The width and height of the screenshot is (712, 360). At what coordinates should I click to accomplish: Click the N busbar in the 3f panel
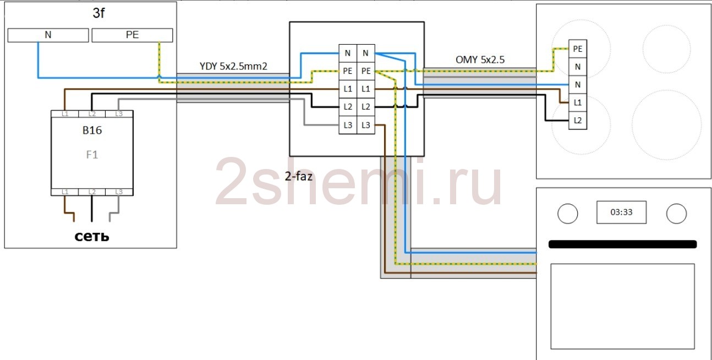48,35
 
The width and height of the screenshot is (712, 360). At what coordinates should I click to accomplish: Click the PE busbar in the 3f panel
132,35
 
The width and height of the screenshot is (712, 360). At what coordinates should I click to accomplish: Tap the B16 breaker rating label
92,131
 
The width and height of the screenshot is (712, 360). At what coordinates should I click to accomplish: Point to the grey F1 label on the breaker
92,155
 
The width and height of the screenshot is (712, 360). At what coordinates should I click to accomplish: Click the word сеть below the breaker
92,237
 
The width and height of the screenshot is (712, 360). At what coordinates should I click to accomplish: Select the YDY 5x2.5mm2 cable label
233,66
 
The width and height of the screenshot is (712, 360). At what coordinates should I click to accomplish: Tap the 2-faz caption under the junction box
299,177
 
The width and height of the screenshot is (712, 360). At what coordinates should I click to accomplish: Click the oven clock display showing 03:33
621,212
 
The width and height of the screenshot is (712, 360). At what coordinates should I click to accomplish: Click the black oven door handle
622,244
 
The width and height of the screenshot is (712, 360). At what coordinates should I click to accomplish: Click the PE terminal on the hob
577,49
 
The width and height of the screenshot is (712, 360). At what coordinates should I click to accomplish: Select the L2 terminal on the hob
577,119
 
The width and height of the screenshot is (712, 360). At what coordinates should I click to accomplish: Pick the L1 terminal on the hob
577,102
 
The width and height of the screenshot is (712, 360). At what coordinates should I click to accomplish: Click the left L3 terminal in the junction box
347,125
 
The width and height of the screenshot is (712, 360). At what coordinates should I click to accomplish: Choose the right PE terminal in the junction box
365,71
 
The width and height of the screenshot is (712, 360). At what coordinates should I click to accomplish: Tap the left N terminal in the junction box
347,53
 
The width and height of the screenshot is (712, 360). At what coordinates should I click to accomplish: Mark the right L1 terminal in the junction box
365,89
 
